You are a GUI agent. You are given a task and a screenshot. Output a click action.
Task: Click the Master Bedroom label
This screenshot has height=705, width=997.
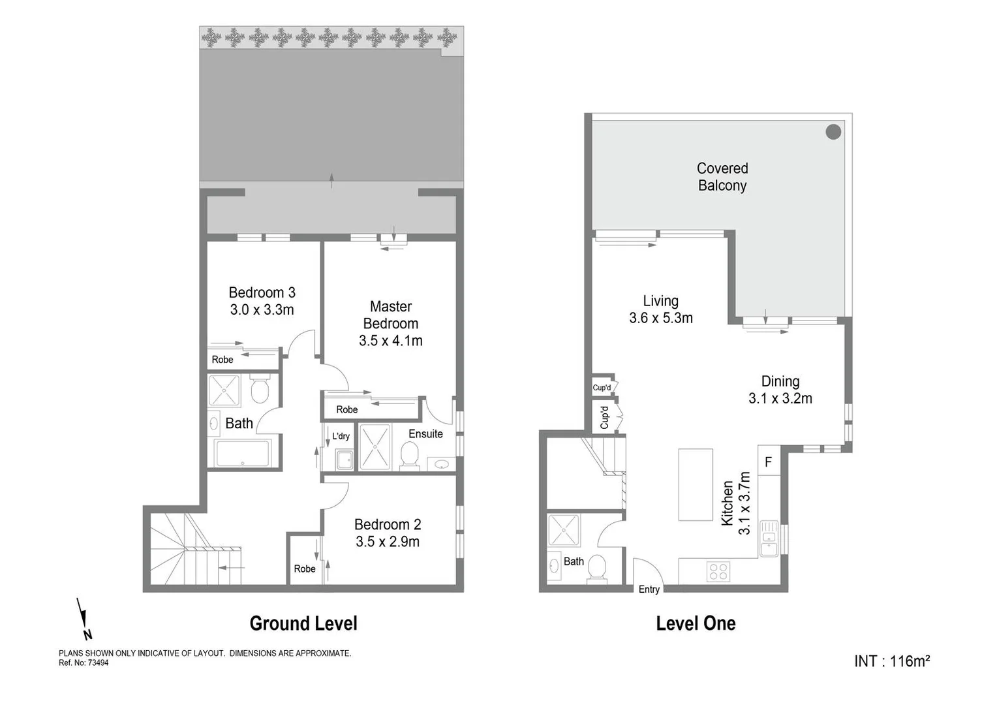(390, 315)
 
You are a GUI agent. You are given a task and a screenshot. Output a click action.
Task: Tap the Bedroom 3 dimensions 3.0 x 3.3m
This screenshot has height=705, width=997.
(262, 310)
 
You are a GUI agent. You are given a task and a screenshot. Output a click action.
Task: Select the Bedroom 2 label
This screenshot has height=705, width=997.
(388, 524)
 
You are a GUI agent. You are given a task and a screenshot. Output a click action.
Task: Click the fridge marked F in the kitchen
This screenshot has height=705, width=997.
(768, 462)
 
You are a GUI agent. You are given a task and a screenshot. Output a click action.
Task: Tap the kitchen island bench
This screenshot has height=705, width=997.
(695, 484)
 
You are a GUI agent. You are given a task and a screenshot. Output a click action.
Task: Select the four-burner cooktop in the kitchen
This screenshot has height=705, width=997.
(718, 571)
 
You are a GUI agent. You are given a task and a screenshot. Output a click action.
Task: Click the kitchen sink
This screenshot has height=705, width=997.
(769, 539)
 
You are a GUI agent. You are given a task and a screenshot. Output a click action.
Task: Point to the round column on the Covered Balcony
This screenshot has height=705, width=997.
(833, 132)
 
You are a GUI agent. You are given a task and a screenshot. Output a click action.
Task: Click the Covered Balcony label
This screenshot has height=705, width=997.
(722, 177)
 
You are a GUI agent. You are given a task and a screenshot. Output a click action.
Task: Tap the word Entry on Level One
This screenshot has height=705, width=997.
(649, 589)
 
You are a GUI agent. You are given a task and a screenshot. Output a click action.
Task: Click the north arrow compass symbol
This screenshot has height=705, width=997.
(84, 618)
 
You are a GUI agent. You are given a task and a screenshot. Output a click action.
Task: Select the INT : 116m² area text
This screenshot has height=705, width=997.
(891, 661)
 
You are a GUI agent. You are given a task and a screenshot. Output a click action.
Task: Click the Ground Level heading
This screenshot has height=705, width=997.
(303, 623)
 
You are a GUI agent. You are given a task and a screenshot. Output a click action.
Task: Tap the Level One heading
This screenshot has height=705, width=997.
(696, 623)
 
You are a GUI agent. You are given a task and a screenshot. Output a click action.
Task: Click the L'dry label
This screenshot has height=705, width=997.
(341, 436)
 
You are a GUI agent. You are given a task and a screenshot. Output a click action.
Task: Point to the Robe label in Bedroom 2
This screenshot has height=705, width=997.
(304, 569)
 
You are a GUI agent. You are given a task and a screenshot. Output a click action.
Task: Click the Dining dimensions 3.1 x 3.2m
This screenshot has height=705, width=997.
(780, 398)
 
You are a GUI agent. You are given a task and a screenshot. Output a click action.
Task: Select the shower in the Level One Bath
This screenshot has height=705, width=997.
(563, 530)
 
